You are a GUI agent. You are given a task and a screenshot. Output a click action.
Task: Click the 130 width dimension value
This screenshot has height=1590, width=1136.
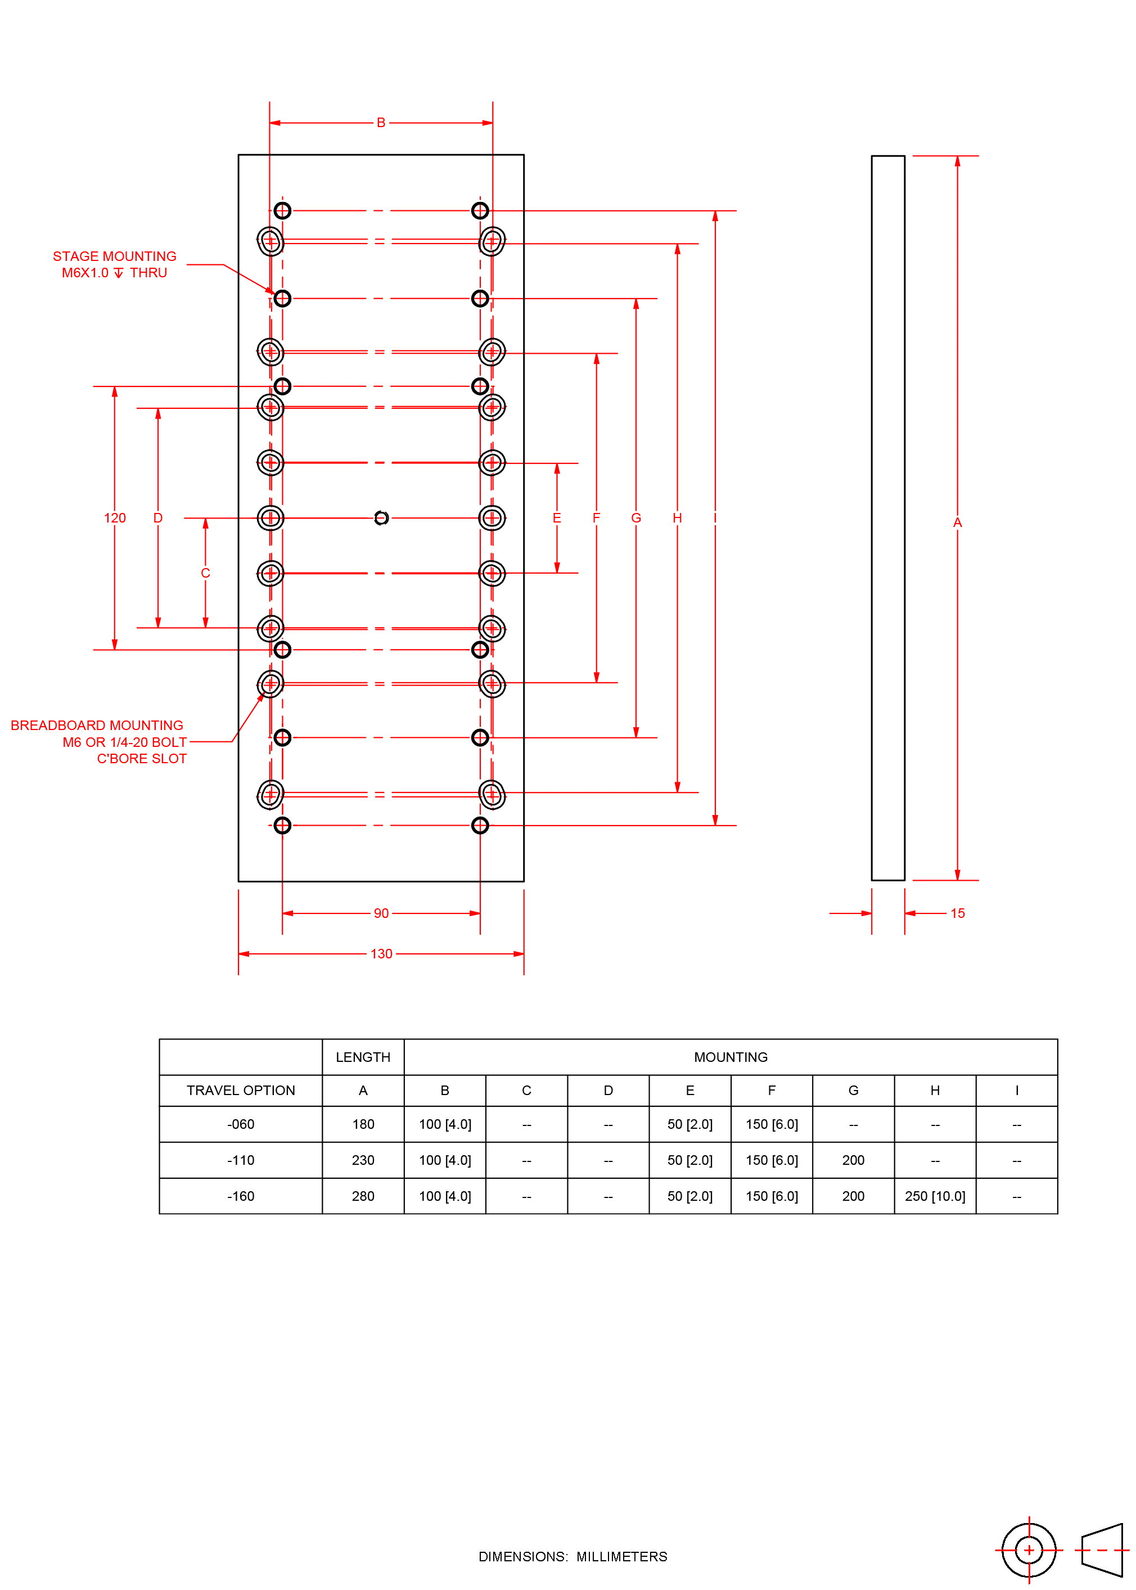pos(381,953)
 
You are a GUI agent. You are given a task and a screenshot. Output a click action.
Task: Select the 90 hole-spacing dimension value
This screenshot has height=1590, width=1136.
pos(381,913)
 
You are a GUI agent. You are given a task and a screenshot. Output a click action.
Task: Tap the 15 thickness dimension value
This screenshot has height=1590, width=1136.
pos(957,913)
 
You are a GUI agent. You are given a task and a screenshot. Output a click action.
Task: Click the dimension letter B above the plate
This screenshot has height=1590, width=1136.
pos(381,123)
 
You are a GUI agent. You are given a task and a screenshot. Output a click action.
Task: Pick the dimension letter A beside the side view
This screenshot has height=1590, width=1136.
pos(957,523)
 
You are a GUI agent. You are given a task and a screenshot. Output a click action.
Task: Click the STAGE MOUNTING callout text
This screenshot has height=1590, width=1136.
pos(115,256)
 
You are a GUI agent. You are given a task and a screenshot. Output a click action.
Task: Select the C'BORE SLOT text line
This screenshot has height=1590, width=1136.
pos(142,758)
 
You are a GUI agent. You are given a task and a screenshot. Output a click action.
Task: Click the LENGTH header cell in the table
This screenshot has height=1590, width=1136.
pos(363,1057)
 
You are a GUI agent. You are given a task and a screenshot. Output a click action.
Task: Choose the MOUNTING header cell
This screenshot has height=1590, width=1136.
pos(731,1057)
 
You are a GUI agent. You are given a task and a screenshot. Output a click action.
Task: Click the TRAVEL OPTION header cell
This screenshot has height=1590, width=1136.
pos(241,1090)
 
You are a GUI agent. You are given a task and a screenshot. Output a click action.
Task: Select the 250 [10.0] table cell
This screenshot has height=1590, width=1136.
pos(935,1196)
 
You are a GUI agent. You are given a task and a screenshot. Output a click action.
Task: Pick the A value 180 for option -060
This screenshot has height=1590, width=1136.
pos(363,1124)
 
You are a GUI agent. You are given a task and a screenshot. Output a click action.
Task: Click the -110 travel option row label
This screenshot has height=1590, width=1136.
pos(241,1160)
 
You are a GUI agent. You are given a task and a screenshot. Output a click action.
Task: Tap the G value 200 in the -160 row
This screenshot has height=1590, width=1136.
pos(853,1196)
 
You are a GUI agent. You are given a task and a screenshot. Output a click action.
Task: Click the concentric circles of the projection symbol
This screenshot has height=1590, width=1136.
pos(1028,1550)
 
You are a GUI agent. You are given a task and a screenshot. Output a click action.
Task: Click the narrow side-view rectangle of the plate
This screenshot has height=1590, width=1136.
pos(887,517)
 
